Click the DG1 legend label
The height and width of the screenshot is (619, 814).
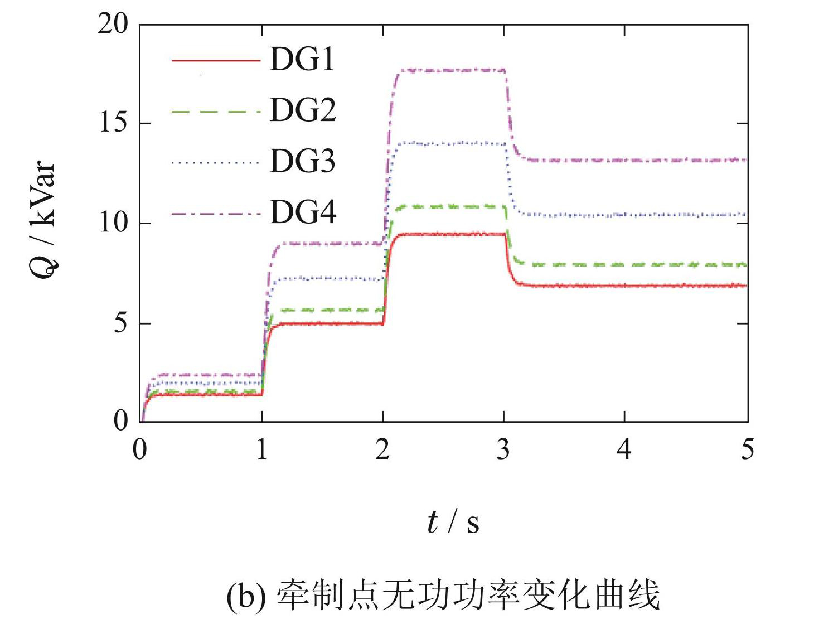(x=302, y=59)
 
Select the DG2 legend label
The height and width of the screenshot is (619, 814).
(x=303, y=110)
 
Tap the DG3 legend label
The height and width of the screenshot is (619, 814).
(x=303, y=161)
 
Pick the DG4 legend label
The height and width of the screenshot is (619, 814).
(x=303, y=212)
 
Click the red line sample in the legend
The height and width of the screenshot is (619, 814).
(x=216, y=60)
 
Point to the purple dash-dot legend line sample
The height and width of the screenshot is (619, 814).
(x=216, y=213)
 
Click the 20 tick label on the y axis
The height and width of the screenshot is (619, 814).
(x=113, y=24)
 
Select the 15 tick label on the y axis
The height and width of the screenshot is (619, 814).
(x=114, y=123)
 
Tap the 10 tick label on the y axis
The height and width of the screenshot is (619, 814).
(x=114, y=223)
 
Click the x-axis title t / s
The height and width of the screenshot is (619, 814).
(x=453, y=523)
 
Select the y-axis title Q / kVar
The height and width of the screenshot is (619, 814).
(x=43, y=220)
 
